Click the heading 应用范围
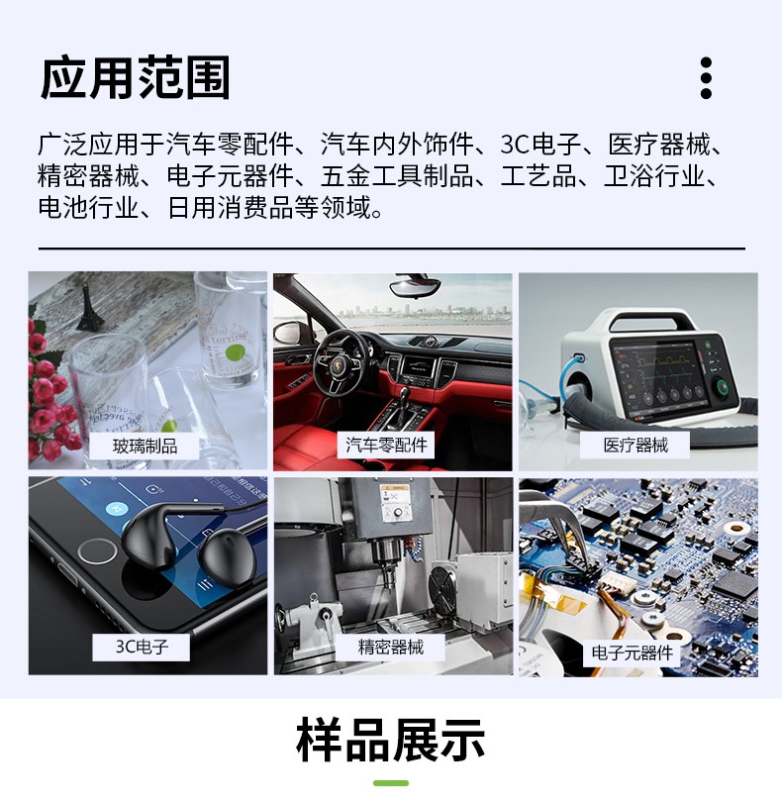coord(135,78)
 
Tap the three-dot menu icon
coord(706,78)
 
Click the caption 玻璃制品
coord(146,446)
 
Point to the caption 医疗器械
coord(635,446)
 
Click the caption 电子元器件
coord(632,653)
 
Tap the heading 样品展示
coord(391,741)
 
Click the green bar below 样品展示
coord(391,783)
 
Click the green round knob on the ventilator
coord(728,387)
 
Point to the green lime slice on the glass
coord(236,352)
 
